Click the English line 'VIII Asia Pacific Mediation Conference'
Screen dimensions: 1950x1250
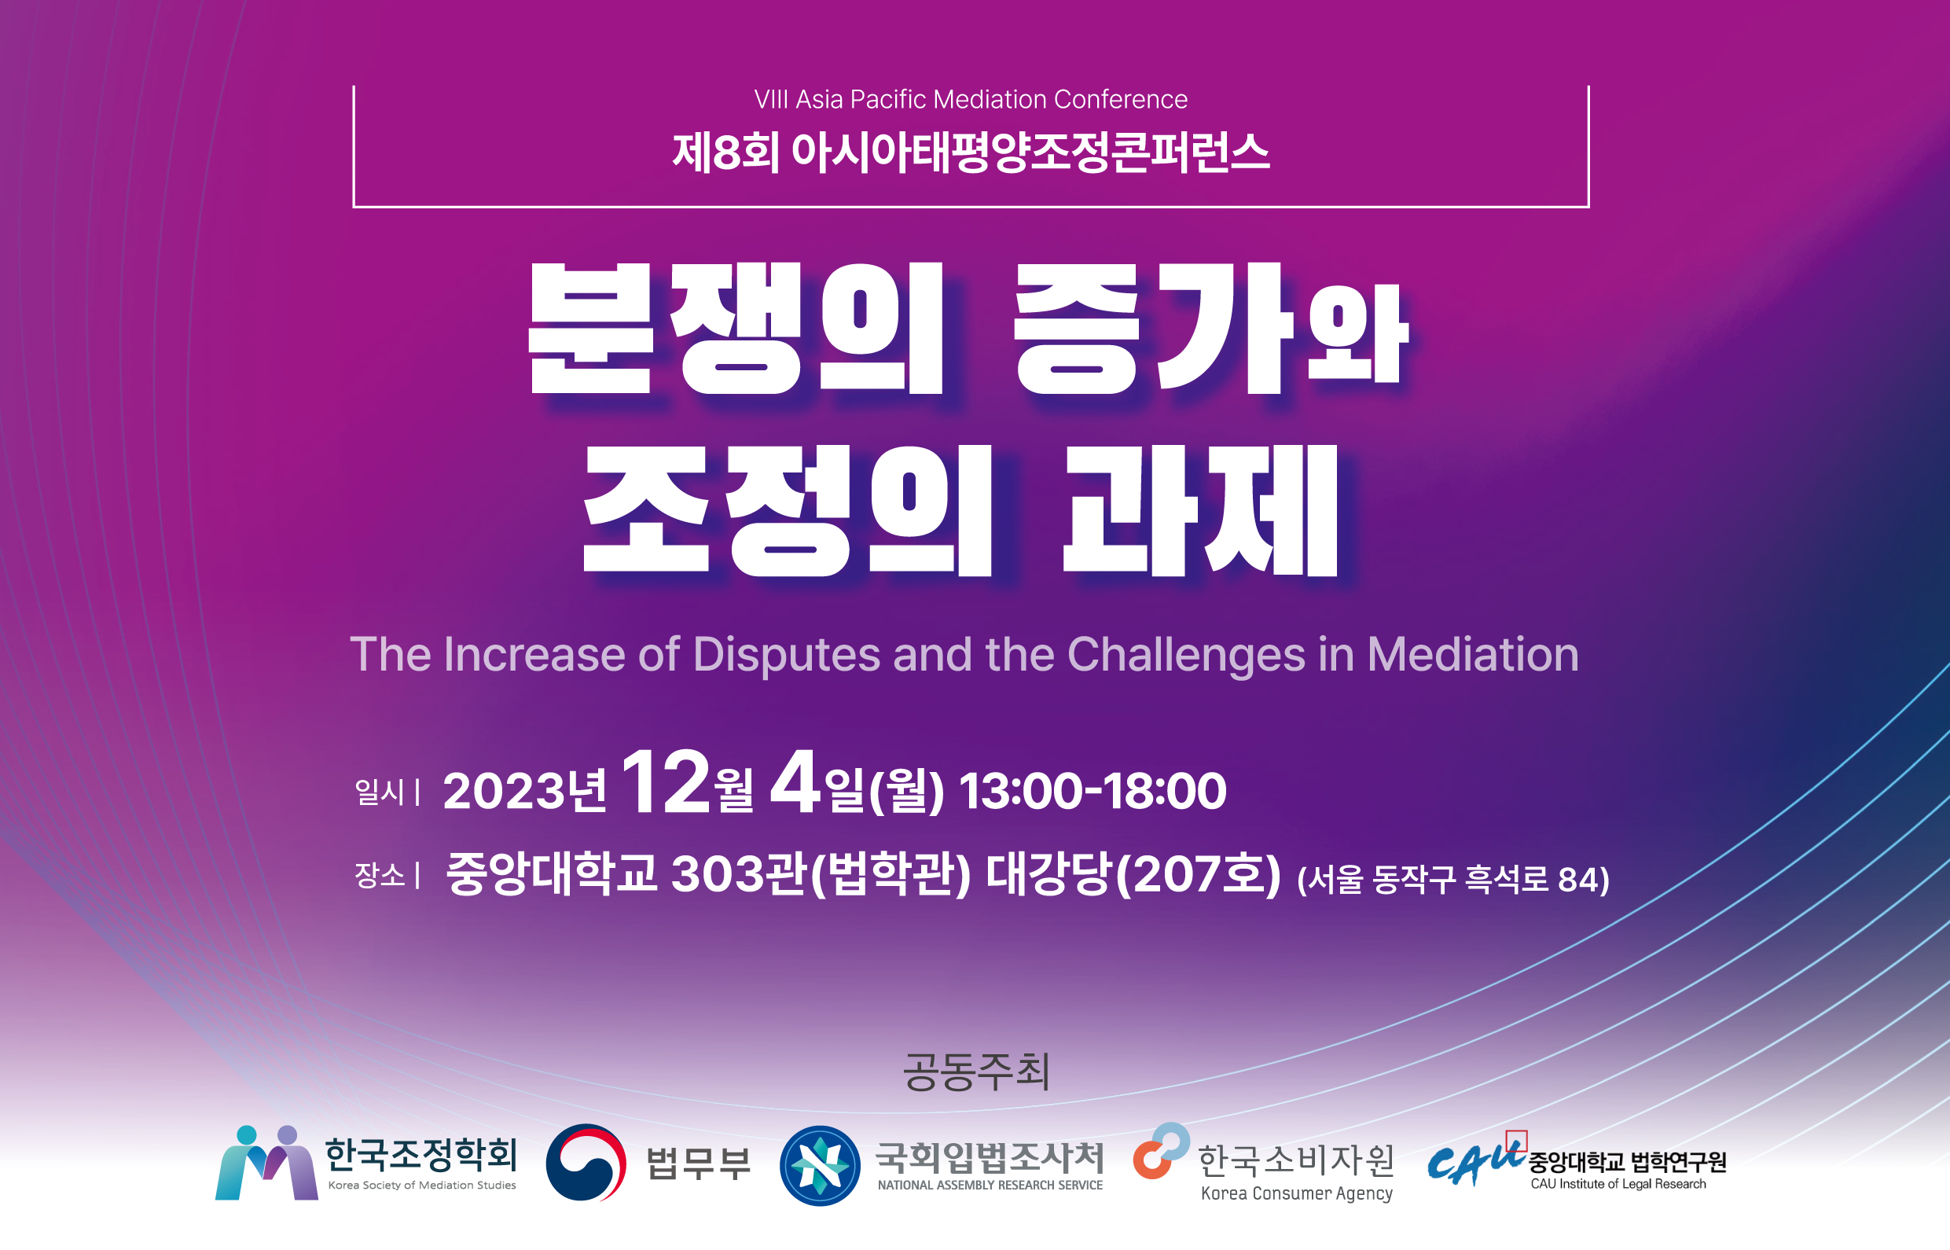(971, 99)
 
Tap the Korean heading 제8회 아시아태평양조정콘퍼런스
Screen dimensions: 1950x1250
(971, 153)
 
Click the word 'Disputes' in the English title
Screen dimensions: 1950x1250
(785, 654)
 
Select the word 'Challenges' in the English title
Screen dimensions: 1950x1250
(1186, 655)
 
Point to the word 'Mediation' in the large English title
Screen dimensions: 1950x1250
(1473, 654)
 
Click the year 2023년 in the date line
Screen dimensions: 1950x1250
(524, 791)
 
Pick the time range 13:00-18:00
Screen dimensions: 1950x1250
(1093, 791)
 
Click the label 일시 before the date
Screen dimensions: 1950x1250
(379, 792)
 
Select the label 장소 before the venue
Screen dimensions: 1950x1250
(379, 875)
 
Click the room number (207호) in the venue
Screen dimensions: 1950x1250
(1199, 875)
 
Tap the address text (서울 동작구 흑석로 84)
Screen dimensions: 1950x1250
(1453, 880)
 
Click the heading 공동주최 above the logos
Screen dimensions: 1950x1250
(976, 1072)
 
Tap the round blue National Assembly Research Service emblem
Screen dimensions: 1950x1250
(820, 1166)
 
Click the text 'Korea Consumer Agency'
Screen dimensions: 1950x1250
(1297, 1193)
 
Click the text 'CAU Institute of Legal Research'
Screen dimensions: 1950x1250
(1618, 1184)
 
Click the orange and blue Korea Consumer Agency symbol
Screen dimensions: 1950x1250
(1161, 1151)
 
